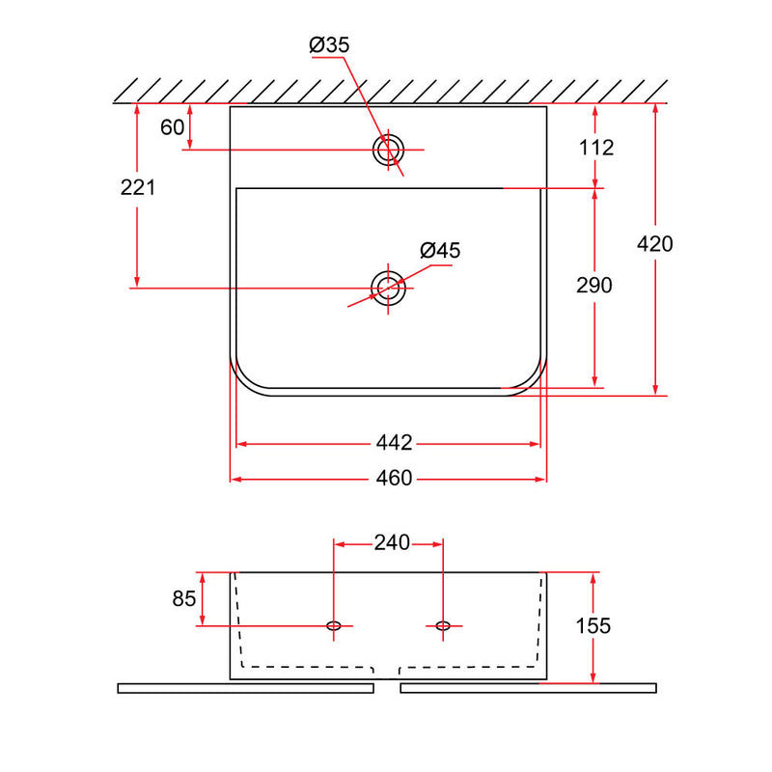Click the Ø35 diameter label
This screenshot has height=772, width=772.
pyautogui.click(x=329, y=44)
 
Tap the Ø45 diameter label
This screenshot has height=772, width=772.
pyautogui.click(x=440, y=250)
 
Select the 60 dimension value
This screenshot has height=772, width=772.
pyautogui.click(x=173, y=127)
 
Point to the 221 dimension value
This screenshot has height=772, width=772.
pyautogui.click(x=138, y=187)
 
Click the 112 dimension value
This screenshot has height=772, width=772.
pyautogui.click(x=596, y=148)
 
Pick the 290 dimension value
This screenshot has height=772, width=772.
pyautogui.click(x=594, y=286)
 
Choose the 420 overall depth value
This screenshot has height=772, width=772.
pyautogui.click(x=655, y=244)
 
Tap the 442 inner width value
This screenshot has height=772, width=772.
pyautogui.click(x=394, y=443)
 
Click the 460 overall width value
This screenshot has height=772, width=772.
pyautogui.click(x=394, y=478)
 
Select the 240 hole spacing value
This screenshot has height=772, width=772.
pyautogui.click(x=392, y=542)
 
